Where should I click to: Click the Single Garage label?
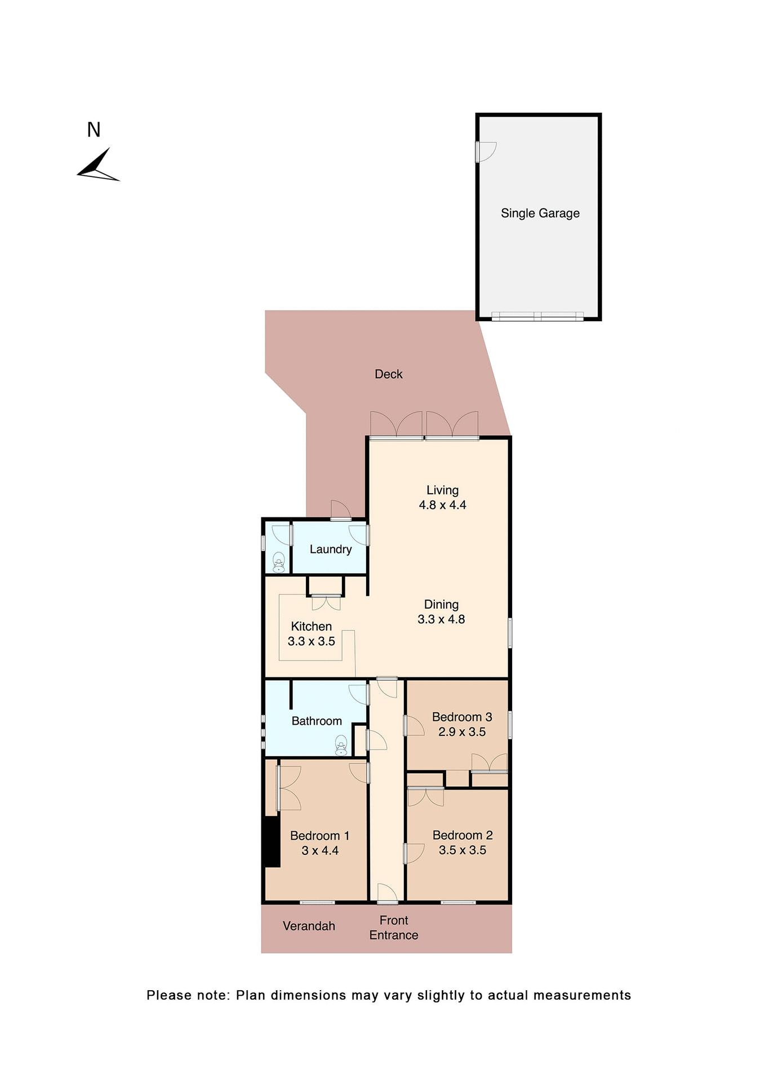(x=540, y=213)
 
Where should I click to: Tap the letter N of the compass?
(x=94, y=130)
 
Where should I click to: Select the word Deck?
(x=388, y=374)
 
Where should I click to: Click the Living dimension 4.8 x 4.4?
(x=442, y=505)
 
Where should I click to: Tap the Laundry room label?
(x=330, y=549)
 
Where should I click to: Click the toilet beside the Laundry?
(x=278, y=562)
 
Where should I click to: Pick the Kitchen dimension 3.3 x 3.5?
(x=311, y=641)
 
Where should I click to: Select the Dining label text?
(x=441, y=605)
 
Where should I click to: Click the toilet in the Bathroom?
(x=341, y=746)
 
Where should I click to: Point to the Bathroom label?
(x=316, y=721)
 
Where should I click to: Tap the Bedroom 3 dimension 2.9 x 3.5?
(x=461, y=732)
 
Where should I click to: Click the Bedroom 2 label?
(x=462, y=835)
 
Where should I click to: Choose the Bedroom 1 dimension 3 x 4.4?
(x=319, y=851)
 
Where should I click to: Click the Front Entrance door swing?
(x=387, y=893)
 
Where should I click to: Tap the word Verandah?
(x=309, y=926)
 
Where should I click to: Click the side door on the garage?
(x=485, y=152)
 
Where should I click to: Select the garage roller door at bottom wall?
(x=537, y=317)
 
